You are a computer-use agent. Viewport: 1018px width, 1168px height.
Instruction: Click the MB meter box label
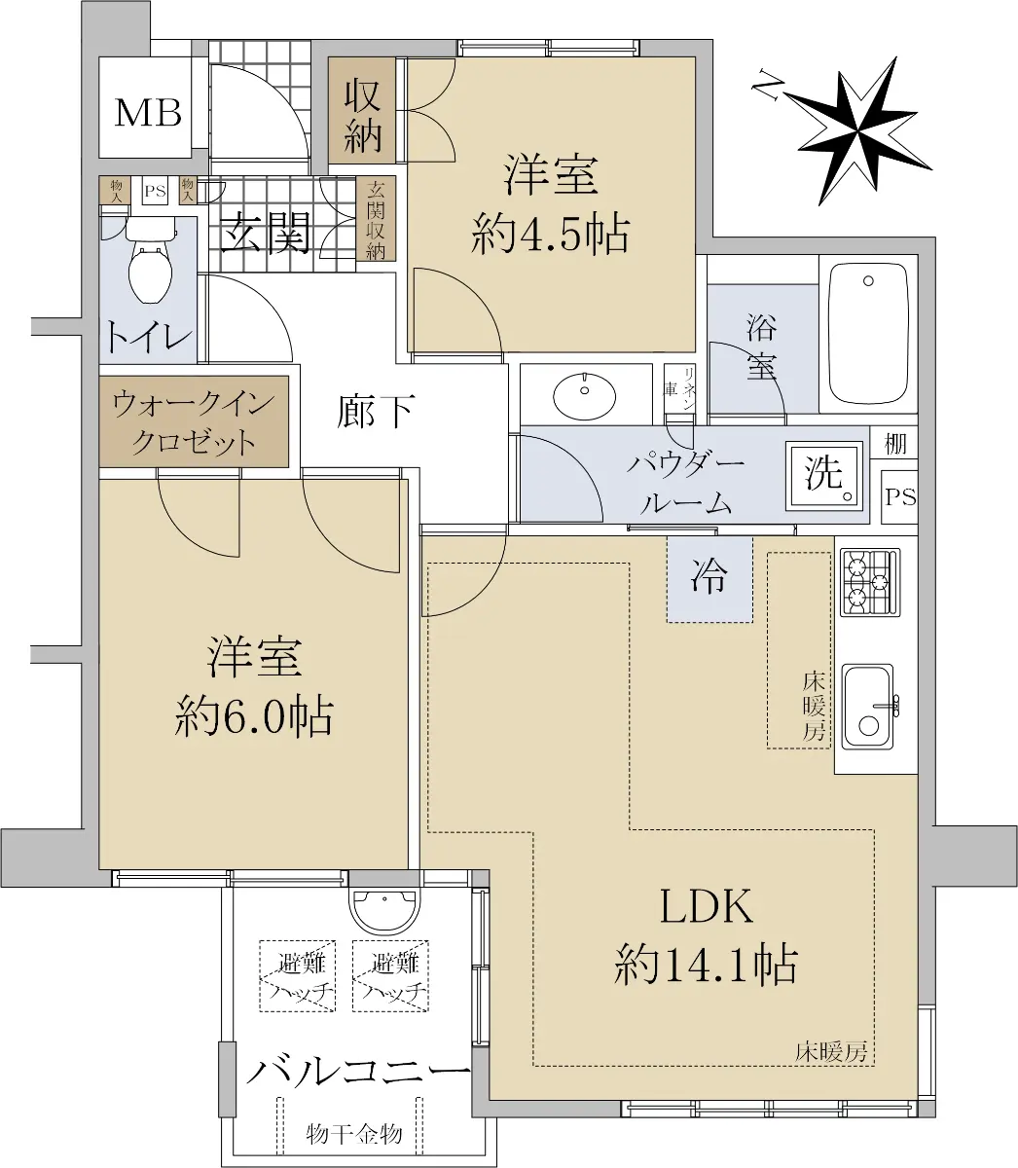point(148,113)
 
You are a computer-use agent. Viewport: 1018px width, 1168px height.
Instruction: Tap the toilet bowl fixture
point(151,263)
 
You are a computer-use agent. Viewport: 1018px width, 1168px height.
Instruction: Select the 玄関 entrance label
point(265,233)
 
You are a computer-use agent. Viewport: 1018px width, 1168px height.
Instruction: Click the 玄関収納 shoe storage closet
point(376,219)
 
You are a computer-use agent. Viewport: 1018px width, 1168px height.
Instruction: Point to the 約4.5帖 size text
point(550,235)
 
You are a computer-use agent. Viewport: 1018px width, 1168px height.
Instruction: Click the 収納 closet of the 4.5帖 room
point(362,111)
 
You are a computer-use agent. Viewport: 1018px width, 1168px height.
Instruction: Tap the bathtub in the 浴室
point(868,334)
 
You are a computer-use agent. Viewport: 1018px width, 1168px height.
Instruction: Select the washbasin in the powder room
point(584,394)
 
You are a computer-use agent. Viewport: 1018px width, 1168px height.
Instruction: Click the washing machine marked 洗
point(824,476)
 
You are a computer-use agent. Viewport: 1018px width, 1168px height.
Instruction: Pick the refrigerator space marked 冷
point(709,578)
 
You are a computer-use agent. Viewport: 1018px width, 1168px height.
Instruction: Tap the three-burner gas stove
point(870,582)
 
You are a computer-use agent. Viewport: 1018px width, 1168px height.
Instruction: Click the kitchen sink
point(867,708)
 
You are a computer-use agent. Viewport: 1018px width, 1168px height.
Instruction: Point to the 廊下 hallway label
point(375,412)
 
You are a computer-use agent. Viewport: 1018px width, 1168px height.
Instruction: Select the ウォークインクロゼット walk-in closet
point(194,421)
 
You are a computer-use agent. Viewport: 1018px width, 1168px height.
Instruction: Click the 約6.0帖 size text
point(253,717)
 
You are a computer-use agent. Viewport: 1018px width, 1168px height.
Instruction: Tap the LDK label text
point(707,906)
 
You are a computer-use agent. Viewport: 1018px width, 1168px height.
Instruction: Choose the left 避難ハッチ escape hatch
point(297,976)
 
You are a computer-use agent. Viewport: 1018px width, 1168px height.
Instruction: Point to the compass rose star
point(854,130)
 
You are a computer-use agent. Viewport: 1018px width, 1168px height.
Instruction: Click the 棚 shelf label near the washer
point(894,444)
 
